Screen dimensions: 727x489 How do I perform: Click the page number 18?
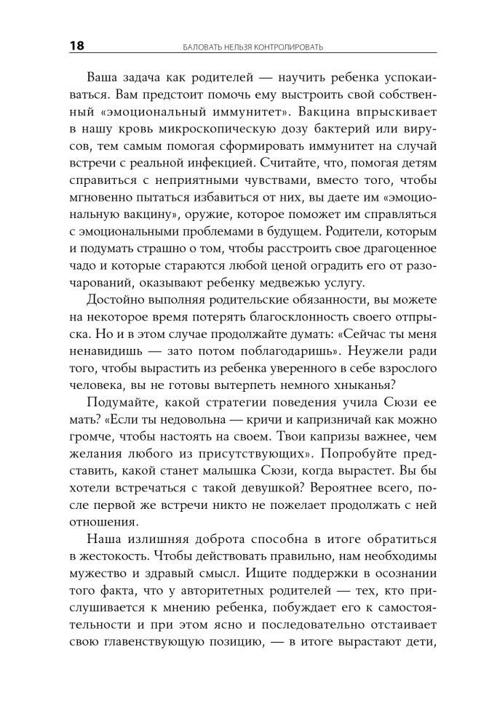[76, 47]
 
